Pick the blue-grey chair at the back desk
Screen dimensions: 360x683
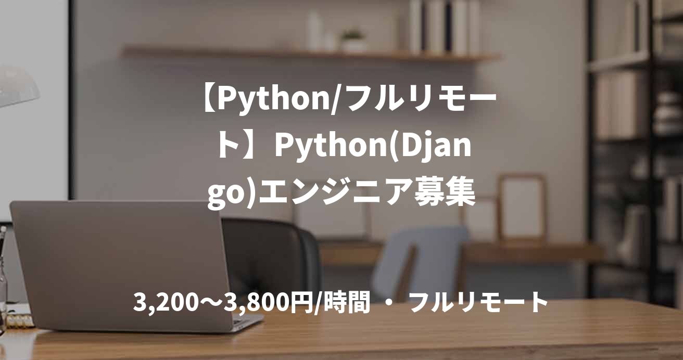pos(416,260)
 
